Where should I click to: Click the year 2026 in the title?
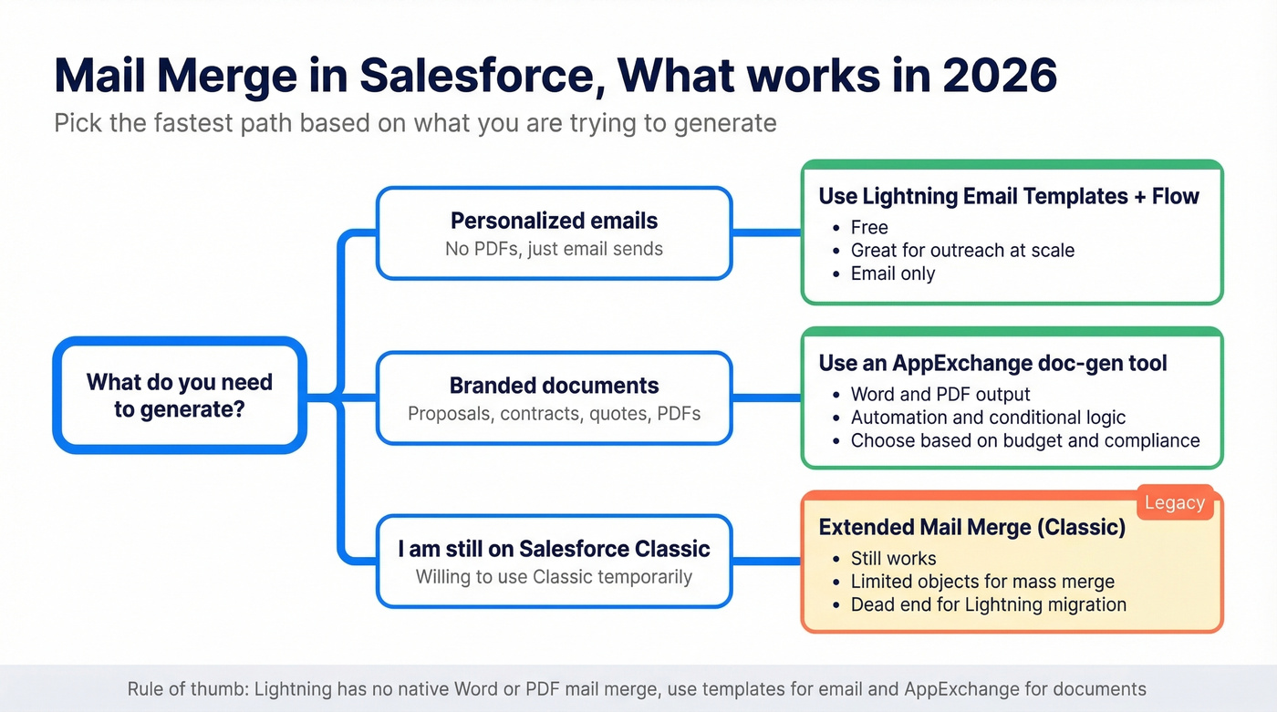[x=999, y=76]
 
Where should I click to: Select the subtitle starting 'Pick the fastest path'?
[x=415, y=123]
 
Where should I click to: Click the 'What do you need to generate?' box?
[x=180, y=396]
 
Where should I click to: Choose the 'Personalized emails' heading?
[x=554, y=221]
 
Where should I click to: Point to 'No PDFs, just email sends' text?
[x=554, y=249]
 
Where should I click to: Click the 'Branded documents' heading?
[x=554, y=386]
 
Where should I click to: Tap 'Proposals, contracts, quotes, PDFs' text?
[x=554, y=414]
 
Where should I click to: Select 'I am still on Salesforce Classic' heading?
[x=554, y=549]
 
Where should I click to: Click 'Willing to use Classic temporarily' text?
[x=554, y=577]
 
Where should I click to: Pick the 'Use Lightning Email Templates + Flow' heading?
[x=1008, y=196]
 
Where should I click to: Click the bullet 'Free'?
[x=869, y=228]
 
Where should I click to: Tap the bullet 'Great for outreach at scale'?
[x=962, y=251]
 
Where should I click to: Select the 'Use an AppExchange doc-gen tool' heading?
[x=992, y=363]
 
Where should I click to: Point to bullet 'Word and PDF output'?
[x=940, y=395]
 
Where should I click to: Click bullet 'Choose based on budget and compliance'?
[x=1025, y=441]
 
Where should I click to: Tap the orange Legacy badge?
[x=1175, y=502]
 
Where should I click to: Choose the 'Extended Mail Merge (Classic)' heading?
[x=971, y=527]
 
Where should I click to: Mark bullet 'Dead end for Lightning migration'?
[x=989, y=605]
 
